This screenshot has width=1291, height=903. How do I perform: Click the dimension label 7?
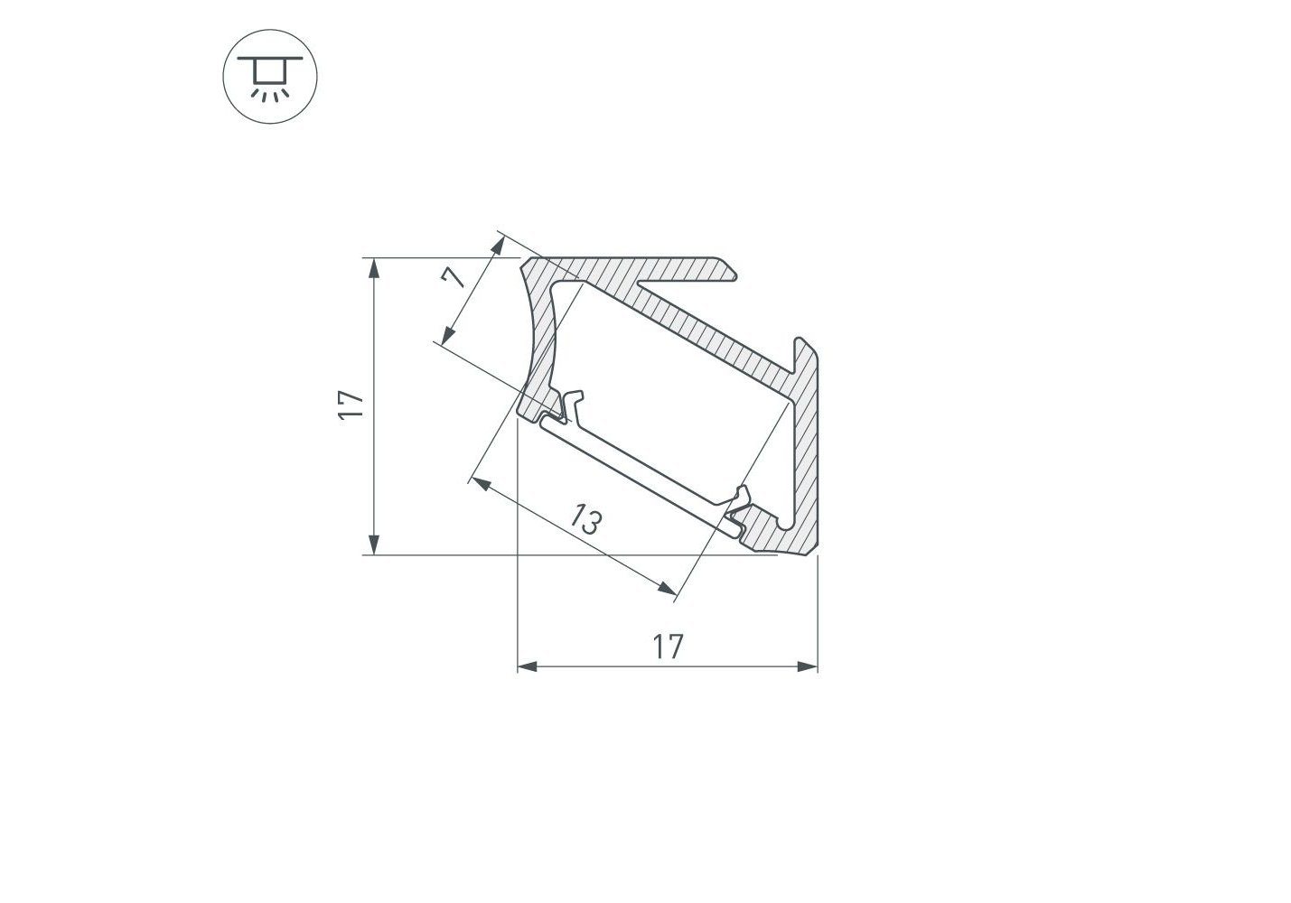[454, 276]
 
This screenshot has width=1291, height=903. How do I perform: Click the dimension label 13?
[585, 519]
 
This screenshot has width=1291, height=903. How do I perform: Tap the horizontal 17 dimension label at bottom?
[668, 647]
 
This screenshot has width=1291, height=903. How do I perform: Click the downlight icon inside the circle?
[270, 79]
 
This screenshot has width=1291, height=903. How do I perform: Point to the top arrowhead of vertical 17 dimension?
[374, 268]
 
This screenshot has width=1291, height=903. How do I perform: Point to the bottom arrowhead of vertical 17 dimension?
[374, 545]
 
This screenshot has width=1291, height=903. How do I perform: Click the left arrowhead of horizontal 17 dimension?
[528, 667]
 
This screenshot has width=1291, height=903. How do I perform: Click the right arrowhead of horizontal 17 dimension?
[808, 667]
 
